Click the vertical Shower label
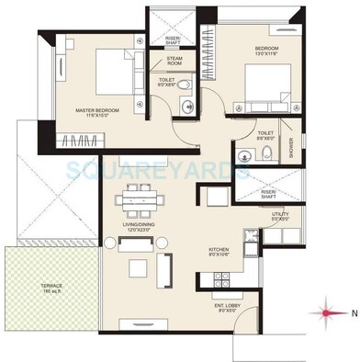pos(293,148)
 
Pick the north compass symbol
pos(326,312)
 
